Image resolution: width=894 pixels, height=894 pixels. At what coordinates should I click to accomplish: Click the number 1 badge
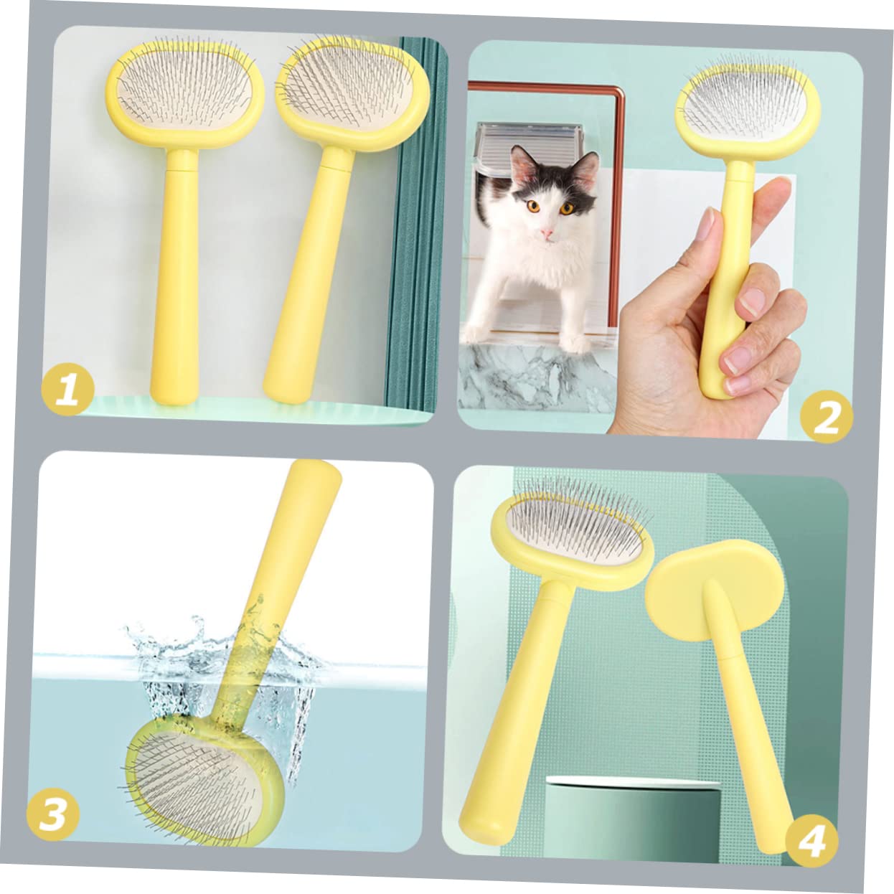pyautogui.click(x=67, y=390)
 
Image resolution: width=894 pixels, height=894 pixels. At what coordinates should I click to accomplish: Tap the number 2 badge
pyautogui.click(x=827, y=416)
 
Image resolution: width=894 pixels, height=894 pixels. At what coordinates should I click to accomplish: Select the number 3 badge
pyautogui.click(x=53, y=815)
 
